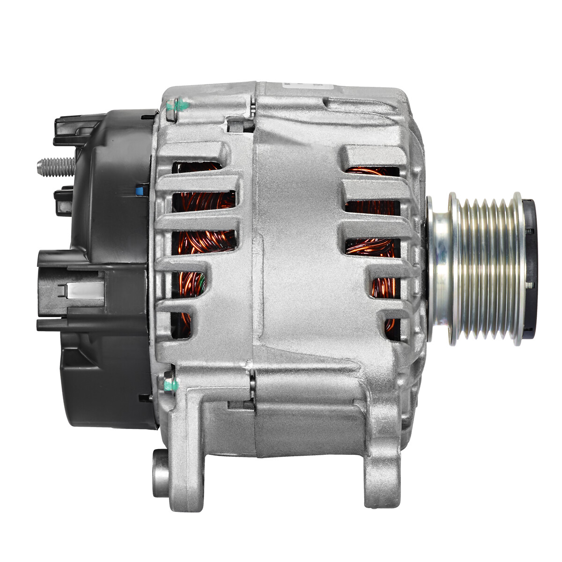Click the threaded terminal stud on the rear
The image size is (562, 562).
[55, 166]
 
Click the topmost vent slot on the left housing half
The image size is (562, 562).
[197, 167]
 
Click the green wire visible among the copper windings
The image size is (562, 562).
[201, 281]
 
